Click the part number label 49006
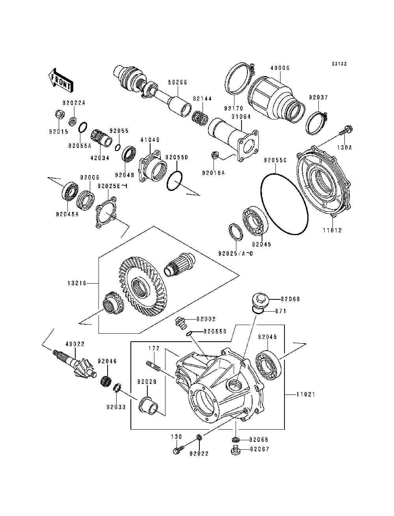280,68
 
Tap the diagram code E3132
339,64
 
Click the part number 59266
178,82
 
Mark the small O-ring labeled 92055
118,148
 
